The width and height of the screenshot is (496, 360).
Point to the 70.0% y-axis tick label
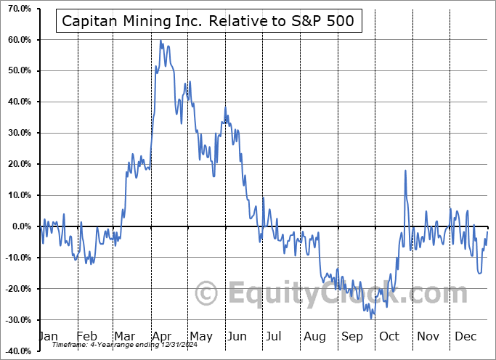click(16, 8)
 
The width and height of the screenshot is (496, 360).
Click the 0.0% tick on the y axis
click(18, 226)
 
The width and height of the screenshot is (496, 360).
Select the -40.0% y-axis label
click(16, 351)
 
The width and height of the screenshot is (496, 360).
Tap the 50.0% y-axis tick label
click(16, 70)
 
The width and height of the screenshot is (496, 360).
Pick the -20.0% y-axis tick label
click(16, 289)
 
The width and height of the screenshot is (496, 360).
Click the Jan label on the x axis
click(47, 337)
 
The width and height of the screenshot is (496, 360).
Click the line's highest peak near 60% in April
click(160, 41)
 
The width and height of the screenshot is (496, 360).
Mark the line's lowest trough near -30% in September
click(372, 318)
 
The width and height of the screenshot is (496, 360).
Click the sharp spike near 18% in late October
click(405, 171)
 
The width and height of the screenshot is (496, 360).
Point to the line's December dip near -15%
click(479, 273)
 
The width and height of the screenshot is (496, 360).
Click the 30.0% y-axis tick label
click(16, 133)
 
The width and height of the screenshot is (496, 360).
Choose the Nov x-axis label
click(428, 337)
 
